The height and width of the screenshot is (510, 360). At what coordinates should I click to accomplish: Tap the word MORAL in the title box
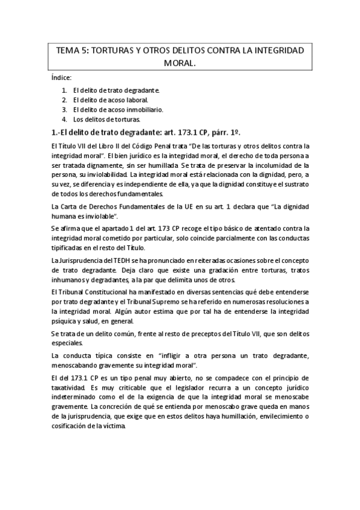180,63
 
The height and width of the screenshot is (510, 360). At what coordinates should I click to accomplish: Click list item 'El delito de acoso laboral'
110,100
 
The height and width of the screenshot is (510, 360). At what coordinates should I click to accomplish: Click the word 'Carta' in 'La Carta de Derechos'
68,207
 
